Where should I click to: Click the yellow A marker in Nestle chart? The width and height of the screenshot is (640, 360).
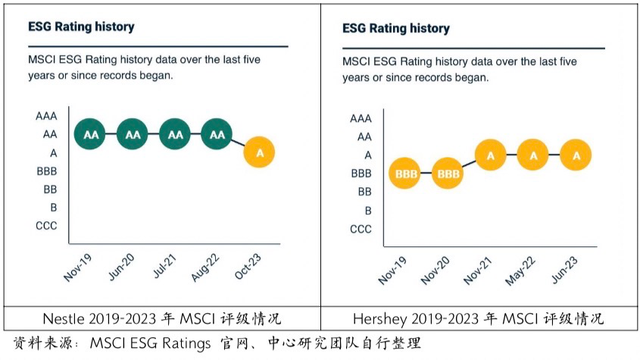260,153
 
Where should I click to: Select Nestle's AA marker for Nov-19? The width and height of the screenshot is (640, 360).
91,135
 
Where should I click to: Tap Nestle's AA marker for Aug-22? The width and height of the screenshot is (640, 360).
217,135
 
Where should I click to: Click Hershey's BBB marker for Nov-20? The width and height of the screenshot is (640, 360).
448,174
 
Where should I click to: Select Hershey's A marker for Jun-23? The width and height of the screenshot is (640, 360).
576,155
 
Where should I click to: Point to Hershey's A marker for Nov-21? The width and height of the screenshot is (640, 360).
491,155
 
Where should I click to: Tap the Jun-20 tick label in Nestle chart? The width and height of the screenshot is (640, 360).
123,267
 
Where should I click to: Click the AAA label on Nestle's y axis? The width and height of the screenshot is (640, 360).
45,117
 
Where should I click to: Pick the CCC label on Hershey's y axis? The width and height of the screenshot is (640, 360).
361,229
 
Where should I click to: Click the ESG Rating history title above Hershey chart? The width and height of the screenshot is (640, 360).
395,29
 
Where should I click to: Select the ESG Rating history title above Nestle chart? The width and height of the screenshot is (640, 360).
81,27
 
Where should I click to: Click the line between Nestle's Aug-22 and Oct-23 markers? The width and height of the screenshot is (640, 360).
239,144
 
